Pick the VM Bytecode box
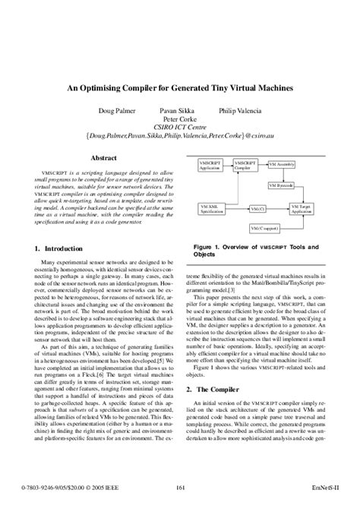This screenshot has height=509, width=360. point(281,185)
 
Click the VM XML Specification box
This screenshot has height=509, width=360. point(212,207)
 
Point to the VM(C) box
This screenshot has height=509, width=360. point(257,207)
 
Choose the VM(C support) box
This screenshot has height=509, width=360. point(265,229)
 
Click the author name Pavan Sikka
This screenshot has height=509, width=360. point(177,111)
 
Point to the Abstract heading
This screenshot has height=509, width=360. point(103,158)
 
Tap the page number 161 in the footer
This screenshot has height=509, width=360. point(180,487)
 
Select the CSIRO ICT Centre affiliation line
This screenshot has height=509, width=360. point(179,127)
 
